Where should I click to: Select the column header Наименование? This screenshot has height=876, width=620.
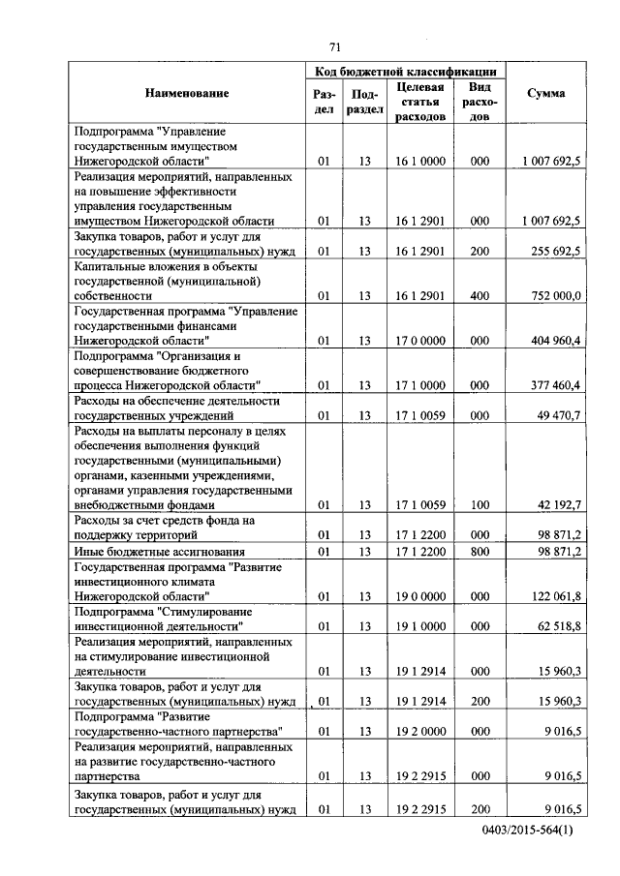click(x=188, y=94)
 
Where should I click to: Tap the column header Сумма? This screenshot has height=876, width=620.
click(x=545, y=94)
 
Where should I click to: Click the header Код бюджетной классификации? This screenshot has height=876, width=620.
click(x=406, y=71)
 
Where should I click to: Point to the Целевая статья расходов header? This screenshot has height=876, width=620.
click(x=420, y=102)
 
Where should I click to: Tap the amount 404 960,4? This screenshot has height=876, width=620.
click(x=550, y=341)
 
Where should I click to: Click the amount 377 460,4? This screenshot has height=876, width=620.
click(x=550, y=385)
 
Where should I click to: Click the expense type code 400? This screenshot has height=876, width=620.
click(x=479, y=295)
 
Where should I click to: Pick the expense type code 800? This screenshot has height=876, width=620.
click(x=479, y=551)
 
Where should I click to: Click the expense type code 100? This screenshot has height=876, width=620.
click(x=479, y=505)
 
